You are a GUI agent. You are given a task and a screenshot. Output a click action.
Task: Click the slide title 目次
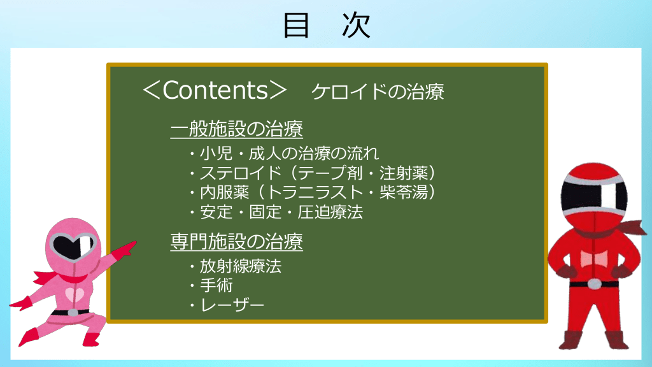pyautogui.click(x=327, y=25)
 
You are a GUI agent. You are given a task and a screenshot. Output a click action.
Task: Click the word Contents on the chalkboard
pyautogui.click(x=215, y=90)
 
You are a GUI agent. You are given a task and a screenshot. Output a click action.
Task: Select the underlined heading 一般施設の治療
pyautogui.click(x=237, y=129)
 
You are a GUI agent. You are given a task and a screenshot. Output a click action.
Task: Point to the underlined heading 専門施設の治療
pyautogui.click(x=237, y=241)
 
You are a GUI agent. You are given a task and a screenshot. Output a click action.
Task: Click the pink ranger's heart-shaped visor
pyautogui.click(x=74, y=245)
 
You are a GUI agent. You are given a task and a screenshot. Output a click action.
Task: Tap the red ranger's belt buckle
pyautogui.click(x=594, y=284)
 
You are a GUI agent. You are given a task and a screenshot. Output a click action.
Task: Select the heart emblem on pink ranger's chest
pyautogui.click(x=74, y=294)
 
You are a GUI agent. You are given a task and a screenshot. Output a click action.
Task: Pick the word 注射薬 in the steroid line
pyautogui.click(x=404, y=173)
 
